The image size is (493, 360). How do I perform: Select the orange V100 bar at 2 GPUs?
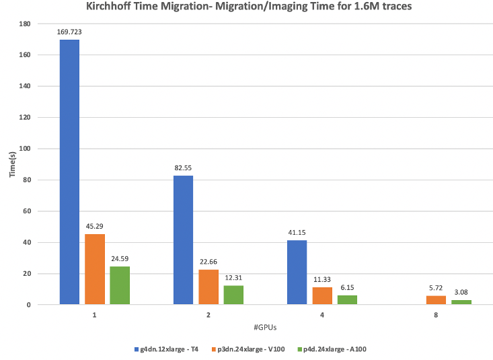point(208,287)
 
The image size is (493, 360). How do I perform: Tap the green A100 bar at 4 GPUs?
point(347,300)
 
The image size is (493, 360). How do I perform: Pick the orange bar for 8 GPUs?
point(436,300)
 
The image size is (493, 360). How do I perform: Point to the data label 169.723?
point(69,31)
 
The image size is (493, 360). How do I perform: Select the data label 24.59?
point(120,258)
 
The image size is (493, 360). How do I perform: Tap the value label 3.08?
point(461,291)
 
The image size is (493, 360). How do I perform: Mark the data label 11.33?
point(322,279)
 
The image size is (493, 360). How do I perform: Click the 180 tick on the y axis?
point(25,24)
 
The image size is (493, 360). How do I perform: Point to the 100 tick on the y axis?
point(25,149)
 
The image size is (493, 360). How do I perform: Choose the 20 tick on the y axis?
point(27,274)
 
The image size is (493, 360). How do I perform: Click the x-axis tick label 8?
point(436,314)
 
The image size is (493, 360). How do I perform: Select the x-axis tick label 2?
point(208,314)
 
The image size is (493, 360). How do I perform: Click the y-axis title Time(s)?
point(13,165)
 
